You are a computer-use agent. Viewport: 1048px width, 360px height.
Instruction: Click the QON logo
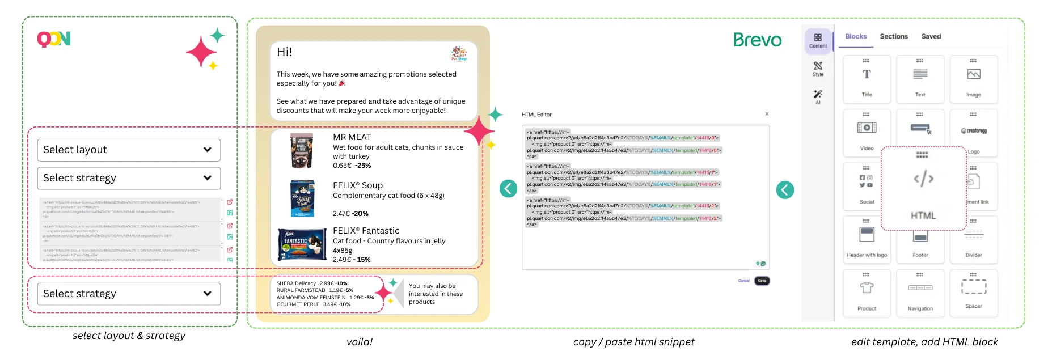click(54, 39)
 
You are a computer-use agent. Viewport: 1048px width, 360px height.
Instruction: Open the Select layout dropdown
click(129, 150)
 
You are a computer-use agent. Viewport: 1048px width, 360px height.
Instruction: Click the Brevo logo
click(757, 40)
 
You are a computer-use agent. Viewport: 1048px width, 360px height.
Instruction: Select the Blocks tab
click(856, 36)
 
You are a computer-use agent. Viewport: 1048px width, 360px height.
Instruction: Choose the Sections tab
click(894, 36)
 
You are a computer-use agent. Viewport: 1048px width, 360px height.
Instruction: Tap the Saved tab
click(931, 36)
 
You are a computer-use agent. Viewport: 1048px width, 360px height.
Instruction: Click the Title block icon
click(867, 75)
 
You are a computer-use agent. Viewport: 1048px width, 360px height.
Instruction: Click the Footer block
click(920, 238)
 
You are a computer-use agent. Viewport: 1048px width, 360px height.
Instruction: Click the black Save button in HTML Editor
click(762, 281)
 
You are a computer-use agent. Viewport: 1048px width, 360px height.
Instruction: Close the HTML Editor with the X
click(767, 114)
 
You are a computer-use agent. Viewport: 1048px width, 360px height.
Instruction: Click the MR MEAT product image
click(302, 151)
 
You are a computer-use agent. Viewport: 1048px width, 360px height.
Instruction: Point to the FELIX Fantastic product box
click(302, 244)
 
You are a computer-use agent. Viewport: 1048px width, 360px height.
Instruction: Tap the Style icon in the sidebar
click(818, 68)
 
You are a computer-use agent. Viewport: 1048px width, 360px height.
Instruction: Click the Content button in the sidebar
click(818, 40)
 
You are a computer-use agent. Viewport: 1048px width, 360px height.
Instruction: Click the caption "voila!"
click(360, 342)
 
